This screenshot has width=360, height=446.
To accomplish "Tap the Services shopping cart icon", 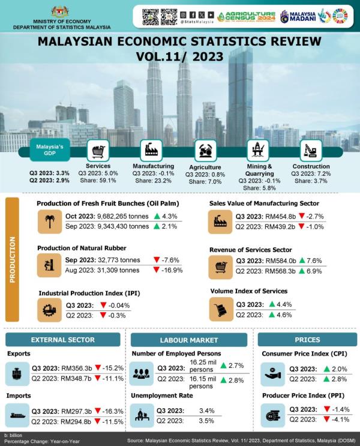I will [98, 150].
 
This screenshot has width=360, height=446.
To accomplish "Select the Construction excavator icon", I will [310, 150].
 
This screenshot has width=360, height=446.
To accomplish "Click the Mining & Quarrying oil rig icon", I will [258, 150].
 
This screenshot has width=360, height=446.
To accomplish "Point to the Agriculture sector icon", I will [205, 150].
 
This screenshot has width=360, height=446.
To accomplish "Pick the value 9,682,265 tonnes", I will [119, 216].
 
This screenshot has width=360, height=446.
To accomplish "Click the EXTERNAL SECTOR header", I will [62, 340].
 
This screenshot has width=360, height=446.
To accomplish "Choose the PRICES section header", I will [307, 340].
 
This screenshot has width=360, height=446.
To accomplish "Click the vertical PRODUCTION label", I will [12, 260].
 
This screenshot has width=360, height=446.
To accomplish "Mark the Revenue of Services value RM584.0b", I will [284, 261].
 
